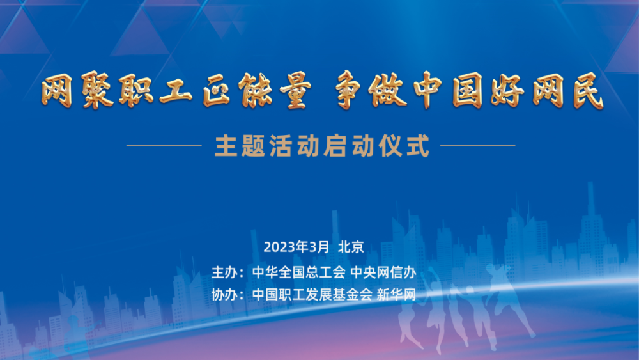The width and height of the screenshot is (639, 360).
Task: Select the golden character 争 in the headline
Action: (x=350, y=90)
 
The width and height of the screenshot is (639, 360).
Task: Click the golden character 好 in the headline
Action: (x=507, y=90)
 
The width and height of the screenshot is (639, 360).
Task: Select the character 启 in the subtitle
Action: (x=335, y=146)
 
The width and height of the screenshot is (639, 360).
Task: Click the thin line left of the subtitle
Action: (x=164, y=145)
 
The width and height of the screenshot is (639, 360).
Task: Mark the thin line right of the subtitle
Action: (x=478, y=145)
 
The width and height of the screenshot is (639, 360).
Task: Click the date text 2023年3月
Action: (x=296, y=247)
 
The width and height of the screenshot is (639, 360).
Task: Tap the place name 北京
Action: (x=351, y=247)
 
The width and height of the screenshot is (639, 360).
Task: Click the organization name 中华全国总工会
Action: (x=298, y=272)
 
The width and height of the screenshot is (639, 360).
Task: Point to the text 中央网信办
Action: (x=383, y=272)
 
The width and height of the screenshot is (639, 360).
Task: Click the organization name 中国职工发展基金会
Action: (x=312, y=294)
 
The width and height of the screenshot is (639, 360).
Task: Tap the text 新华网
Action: (x=396, y=294)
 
